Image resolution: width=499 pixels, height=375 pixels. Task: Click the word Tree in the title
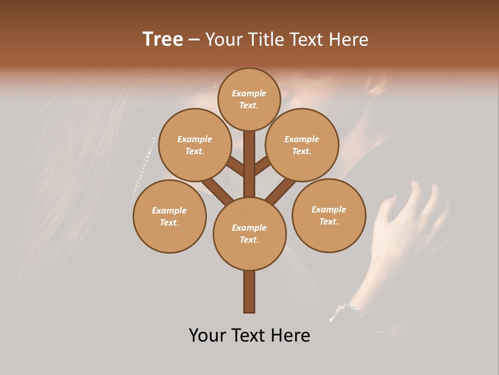coord(163,39)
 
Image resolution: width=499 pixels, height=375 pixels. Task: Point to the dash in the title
coord(194,40)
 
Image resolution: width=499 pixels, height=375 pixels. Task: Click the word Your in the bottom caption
coord(208,335)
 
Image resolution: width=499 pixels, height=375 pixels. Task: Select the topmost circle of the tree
coord(249,99)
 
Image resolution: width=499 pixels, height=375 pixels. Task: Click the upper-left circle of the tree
coord(194,145)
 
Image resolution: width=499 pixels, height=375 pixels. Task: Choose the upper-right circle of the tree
coord(302,145)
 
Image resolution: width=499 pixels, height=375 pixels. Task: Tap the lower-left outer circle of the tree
coord(169,216)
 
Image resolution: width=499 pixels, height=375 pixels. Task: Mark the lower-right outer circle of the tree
coord(329,215)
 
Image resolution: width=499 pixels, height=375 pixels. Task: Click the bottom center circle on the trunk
coord(249,233)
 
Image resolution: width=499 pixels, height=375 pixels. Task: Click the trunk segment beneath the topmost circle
coord(249,161)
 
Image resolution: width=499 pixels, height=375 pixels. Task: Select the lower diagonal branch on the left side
coord(217,191)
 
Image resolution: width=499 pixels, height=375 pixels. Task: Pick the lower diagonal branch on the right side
coord(281,191)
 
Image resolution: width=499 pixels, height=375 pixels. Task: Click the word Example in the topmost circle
coord(249,93)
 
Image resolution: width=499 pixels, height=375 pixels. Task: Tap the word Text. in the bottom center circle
coord(249,240)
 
